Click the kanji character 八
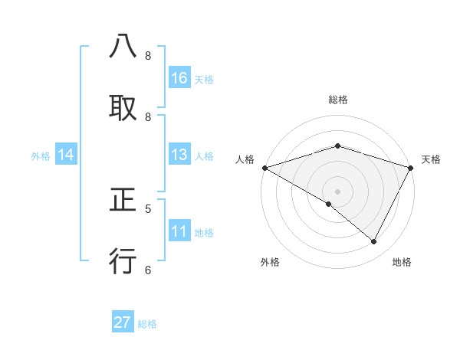tap(123, 47)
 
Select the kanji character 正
tap(123, 201)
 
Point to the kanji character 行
tap(123, 261)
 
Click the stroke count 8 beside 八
tap(148, 56)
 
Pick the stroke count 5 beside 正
tap(148, 208)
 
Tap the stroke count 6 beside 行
tap(148, 270)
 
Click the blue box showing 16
tap(179, 78)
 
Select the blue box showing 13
tap(179, 155)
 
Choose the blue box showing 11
tap(179, 231)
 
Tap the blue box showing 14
tap(66, 155)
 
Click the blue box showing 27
tap(123, 322)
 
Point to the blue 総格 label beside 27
tap(147, 324)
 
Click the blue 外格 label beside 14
tap(41, 156)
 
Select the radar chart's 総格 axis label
tap(338, 100)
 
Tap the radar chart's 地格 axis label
tap(402, 263)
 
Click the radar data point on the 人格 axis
tap(264, 168)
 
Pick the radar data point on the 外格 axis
tap(329, 204)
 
